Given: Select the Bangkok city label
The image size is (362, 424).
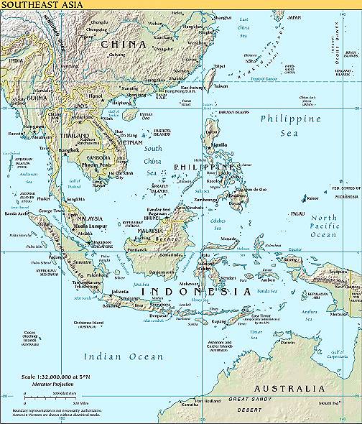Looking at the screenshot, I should point(69,149).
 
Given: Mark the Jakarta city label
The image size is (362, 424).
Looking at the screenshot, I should point(121,291).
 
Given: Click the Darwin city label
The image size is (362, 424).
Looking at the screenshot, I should point(288,341).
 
